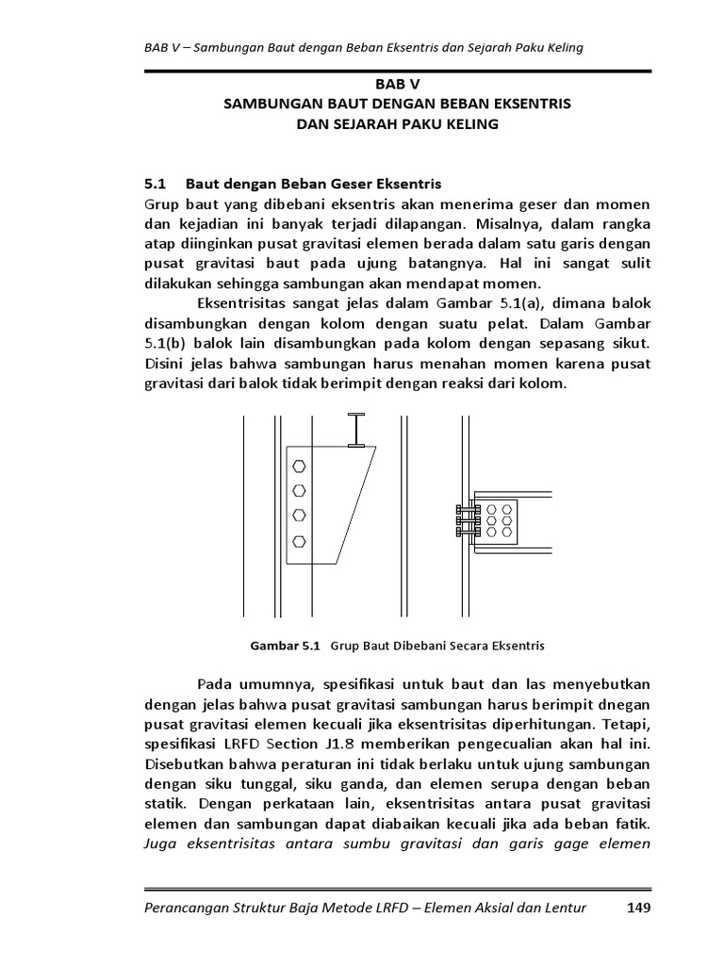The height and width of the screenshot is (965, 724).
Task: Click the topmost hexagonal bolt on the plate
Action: tap(300, 466)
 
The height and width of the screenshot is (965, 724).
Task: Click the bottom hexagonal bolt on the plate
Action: tap(300, 540)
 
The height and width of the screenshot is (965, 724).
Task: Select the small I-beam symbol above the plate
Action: tap(355, 429)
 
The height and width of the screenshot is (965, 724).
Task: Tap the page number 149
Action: tap(636, 908)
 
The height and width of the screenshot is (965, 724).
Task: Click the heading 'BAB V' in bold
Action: tap(361, 84)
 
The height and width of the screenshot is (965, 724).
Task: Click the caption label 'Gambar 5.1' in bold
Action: tap(285, 646)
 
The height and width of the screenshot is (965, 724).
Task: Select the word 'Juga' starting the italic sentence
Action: tap(161, 843)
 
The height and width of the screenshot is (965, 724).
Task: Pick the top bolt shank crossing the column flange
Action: tap(462, 508)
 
